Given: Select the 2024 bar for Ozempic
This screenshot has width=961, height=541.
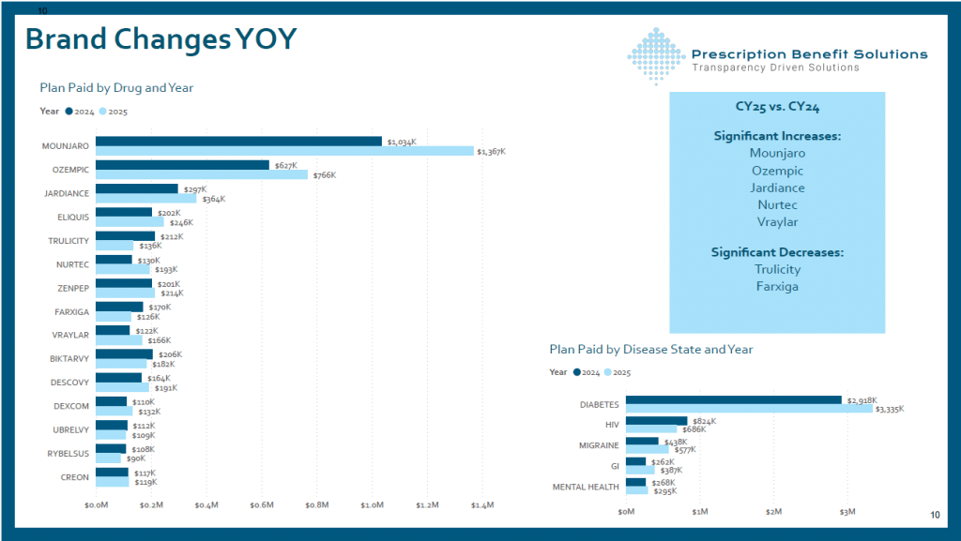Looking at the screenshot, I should pos(182,165).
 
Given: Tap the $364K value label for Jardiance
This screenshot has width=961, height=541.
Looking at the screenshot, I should pos(214,199).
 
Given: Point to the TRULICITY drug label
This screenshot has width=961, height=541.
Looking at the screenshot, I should pos(69,241).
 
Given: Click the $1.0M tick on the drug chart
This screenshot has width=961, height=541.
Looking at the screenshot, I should pos(373,505).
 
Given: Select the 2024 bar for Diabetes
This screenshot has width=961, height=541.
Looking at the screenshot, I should pos(733,400).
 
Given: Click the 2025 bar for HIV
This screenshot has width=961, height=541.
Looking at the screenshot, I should pos(650,429).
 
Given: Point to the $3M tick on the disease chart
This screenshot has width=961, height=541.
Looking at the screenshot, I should pos(847,512).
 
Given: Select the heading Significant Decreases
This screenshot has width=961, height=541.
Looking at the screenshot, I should pos(777,252).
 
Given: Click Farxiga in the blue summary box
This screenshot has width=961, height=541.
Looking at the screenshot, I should pos(777,286).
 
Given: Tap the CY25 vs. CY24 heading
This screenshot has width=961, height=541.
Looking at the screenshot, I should pos(777,107).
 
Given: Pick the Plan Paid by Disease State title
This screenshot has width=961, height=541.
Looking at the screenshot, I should pos(650,349).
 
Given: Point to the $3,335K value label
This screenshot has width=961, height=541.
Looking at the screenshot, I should pos(889,410).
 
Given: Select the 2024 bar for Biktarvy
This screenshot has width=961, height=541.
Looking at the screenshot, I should pos(124,354).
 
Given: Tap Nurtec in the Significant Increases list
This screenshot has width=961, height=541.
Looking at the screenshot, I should pos(777,204).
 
